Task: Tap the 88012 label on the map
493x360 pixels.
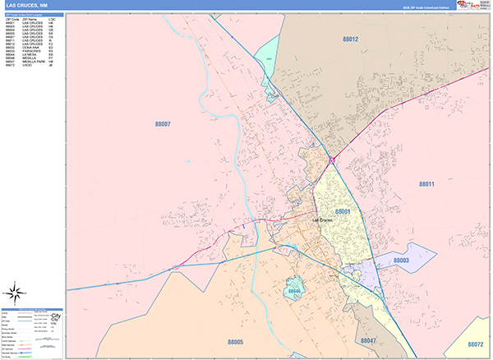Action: [x=351, y=39]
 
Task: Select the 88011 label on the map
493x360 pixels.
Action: [x=426, y=184]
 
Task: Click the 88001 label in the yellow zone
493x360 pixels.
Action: [x=342, y=211]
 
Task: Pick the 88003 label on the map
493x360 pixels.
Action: [x=401, y=261]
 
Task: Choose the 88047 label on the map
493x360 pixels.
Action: [x=367, y=339]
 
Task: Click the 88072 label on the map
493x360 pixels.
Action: [x=474, y=344]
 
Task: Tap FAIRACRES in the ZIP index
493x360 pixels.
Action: [x=32, y=52]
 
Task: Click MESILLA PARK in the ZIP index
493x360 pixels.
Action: [x=34, y=62]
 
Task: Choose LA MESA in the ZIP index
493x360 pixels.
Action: [x=30, y=55]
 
